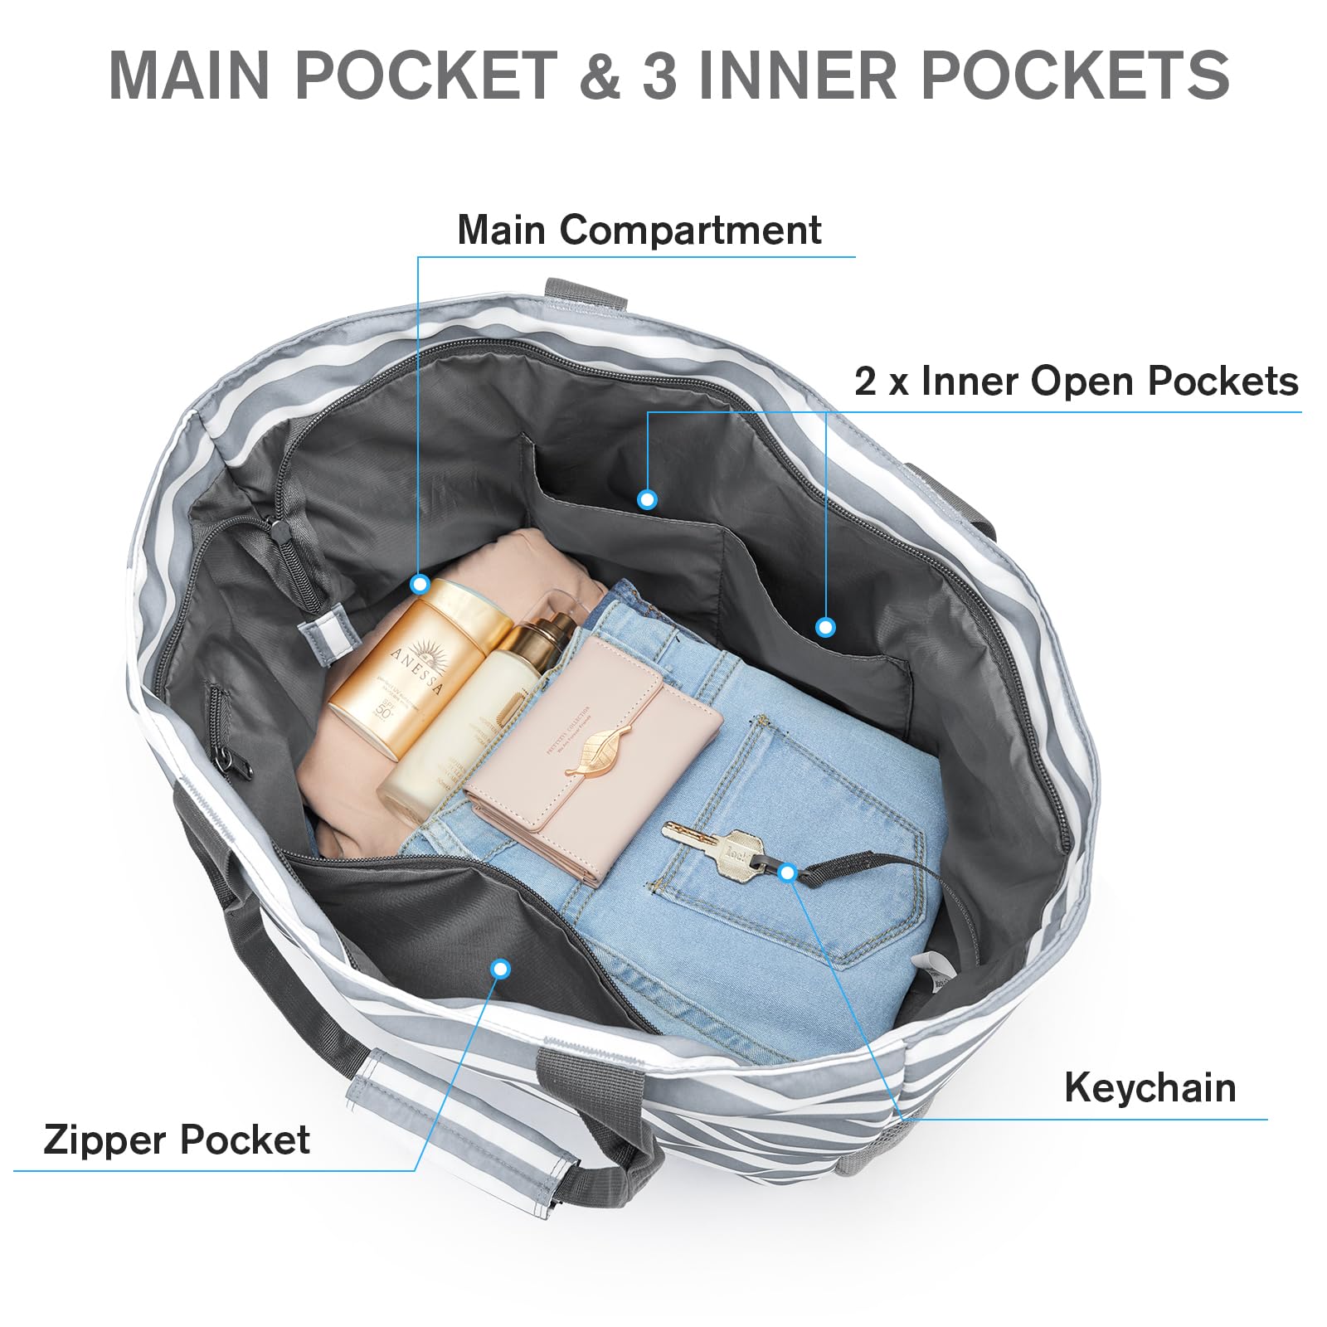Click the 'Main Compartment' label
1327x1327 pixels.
[x=639, y=230]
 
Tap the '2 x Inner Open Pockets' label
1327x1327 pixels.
[x=1076, y=382]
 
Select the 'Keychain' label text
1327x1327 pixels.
[x=1150, y=1087]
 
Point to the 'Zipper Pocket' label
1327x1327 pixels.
[x=176, y=1140]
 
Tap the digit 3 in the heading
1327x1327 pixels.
[x=659, y=75]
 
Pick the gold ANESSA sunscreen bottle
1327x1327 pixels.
[x=415, y=663]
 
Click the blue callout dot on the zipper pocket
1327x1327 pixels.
[x=499, y=968]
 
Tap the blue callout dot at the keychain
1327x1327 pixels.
[x=788, y=872]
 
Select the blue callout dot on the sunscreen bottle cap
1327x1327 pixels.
[x=420, y=585]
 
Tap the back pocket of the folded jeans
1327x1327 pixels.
[x=796, y=838]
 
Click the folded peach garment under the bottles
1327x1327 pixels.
[x=348, y=788]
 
